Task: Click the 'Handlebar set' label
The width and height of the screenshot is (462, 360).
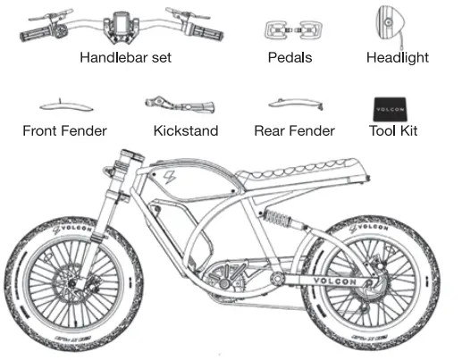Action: coord(125,58)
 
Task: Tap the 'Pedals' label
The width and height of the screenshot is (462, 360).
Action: coord(290,58)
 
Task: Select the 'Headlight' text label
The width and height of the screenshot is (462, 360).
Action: coord(397,58)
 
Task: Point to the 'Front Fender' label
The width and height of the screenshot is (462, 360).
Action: coord(64,131)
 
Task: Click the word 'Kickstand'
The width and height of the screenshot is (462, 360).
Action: coord(187,131)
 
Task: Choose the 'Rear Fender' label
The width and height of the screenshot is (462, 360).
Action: coord(294,131)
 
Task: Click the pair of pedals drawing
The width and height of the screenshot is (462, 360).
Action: coord(290,29)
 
